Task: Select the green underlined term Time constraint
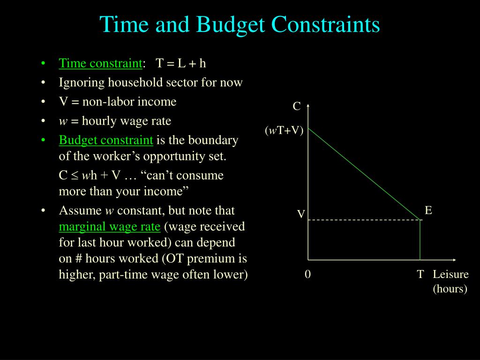100,64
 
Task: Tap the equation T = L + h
181,63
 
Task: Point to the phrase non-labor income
129,102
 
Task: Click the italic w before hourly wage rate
63,121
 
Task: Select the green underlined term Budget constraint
106,140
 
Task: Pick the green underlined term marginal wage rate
110,227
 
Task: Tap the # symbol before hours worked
78,259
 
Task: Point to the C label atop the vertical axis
297,106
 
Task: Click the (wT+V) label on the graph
284,131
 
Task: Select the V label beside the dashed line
301,214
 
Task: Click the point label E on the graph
428,210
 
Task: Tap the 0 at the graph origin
307,274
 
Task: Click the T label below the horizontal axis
420,274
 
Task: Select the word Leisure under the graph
450,274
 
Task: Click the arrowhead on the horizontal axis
454,260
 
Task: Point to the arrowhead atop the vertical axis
308,106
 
